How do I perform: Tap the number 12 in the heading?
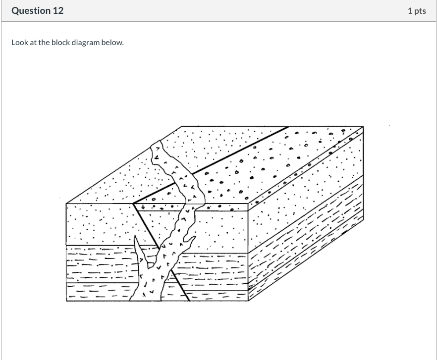[x=57, y=11]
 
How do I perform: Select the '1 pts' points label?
[x=417, y=11]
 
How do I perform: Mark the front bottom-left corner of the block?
[x=66, y=301]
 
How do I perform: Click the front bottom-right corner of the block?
[x=248, y=301]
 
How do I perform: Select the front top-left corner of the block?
[x=66, y=203]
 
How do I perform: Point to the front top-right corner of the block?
[x=248, y=203]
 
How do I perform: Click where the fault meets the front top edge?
[x=134, y=203]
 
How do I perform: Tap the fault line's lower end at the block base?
[x=189, y=301]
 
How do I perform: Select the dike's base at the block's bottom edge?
[x=146, y=300]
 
